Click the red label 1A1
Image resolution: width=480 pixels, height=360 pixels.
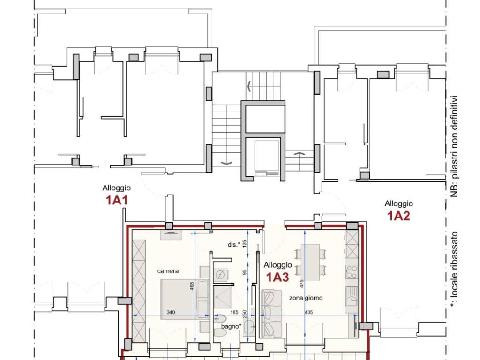point(117,200)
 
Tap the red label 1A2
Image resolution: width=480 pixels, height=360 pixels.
point(398,216)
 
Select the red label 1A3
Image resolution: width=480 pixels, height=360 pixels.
point(277,277)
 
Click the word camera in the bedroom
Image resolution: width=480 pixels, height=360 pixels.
point(168,271)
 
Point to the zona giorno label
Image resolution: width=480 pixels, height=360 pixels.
point(306,298)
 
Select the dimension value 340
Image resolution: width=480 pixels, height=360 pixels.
point(171,312)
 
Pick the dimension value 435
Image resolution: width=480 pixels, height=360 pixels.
point(308,312)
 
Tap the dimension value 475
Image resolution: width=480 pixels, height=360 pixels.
point(301,284)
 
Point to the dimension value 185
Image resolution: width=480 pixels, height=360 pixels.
point(234,312)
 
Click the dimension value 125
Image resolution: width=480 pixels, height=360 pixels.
point(245,244)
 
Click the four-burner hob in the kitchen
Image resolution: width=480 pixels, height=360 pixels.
point(352,272)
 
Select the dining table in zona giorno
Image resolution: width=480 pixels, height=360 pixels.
point(310,262)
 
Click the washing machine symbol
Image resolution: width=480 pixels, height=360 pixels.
point(220,275)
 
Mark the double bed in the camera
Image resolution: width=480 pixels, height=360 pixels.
point(185,299)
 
